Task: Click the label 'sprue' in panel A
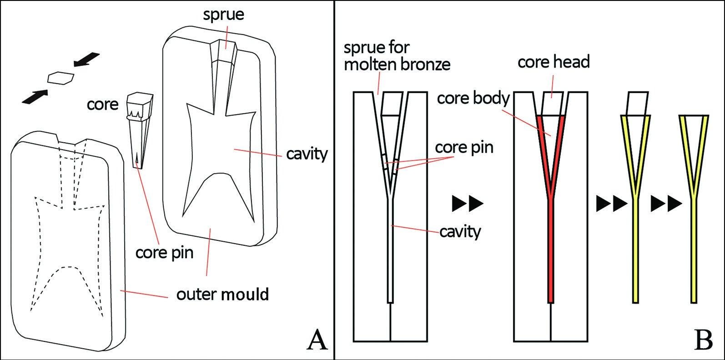pos(223,14)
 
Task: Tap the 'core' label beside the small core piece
pos(102,105)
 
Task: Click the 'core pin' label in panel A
pos(164,252)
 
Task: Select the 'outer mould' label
pos(222,295)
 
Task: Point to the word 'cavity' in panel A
pos(307,154)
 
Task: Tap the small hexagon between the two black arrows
pos(60,77)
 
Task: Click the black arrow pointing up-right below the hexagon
pos(35,97)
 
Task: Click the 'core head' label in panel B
pos(553,62)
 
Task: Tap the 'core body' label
pos(473,98)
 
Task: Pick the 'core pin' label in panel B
pos(464,147)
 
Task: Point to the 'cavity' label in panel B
pos(459,232)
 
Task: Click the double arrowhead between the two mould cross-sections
pos(468,204)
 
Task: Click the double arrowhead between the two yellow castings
pos(666,204)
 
